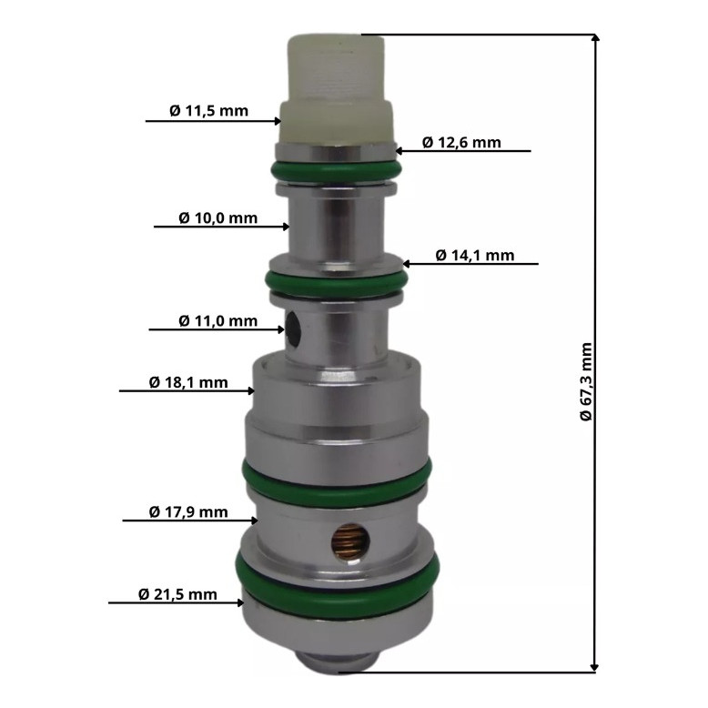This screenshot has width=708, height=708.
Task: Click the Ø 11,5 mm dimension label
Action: [208, 111]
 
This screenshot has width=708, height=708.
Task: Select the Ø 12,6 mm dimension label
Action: [461, 142]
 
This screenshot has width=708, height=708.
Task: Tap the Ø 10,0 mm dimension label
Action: [218, 218]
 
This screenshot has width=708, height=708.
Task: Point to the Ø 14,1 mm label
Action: [475, 255]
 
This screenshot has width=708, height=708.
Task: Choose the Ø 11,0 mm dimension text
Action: [218, 321]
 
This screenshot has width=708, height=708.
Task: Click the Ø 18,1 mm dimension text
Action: [188, 382]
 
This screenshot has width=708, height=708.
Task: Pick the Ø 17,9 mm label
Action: [188, 512]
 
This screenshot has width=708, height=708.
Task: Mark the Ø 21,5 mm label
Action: [177, 594]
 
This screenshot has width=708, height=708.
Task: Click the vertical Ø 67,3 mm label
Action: [586, 381]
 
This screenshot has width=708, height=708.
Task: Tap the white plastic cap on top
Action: [337, 88]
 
